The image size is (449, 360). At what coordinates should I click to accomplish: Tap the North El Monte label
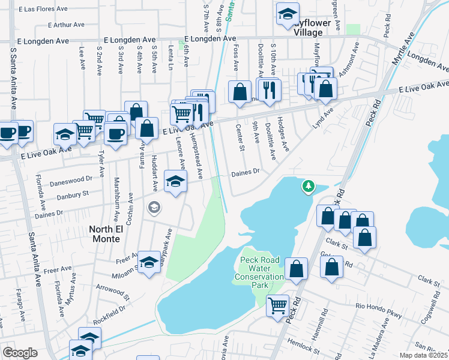[x=114, y=229]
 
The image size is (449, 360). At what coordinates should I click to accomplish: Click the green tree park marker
[x=309, y=187]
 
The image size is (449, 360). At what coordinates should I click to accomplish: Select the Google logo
[x=20, y=353]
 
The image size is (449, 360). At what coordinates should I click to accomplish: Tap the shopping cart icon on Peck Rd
[x=277, y=305]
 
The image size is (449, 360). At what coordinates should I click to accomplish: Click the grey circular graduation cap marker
[x=154, y=207]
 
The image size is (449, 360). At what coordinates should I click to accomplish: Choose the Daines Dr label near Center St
[x=245, y=172]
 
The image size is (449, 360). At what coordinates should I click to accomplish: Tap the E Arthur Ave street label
[x=67, y=25]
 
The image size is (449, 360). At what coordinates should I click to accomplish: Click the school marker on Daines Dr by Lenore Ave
[x=175, y=182]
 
